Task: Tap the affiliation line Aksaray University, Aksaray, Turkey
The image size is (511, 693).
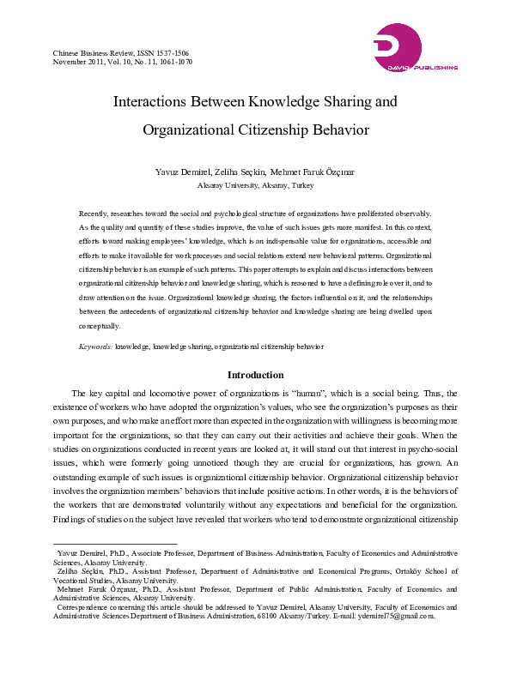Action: (x=255, y=185)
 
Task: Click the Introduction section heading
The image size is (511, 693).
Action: (x=255, y=375)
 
